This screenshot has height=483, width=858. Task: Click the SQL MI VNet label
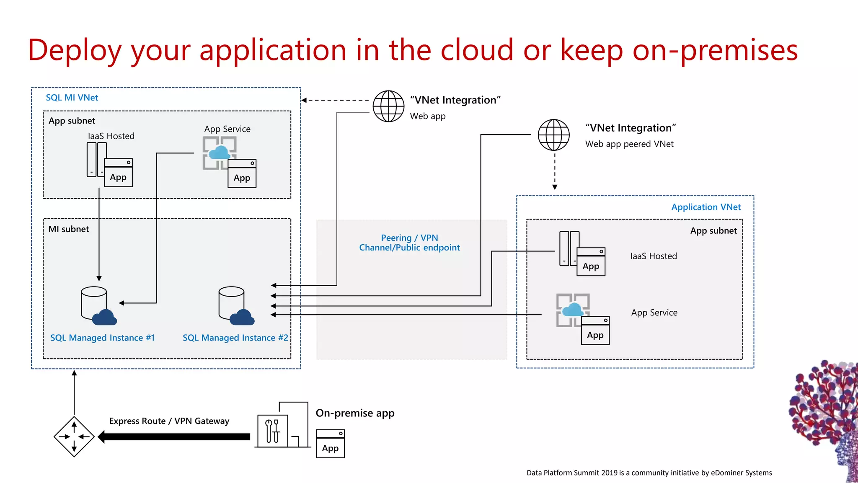click(72, 98)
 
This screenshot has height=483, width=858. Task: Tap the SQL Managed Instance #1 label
click(102, 338)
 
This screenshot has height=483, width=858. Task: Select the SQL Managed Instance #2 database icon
click(235, 306)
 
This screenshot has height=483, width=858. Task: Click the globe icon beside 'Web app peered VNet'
click(553, 135)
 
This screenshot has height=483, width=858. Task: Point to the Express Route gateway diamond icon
click(74, 437)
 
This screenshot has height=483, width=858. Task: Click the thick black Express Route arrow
click(174, 437)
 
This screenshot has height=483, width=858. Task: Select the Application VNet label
click(706, 207)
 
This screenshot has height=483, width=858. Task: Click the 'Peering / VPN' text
click(409, 238)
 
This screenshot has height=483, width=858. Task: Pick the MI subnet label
click(69, 229)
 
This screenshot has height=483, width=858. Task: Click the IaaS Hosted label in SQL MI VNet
click(111, 136)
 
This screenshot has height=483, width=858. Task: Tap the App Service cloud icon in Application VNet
click(573, 310)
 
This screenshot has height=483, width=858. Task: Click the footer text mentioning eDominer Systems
click(649, 473)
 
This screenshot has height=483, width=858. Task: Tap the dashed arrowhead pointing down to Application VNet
click(555, 187)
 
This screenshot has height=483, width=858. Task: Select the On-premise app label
click(355, 413)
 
